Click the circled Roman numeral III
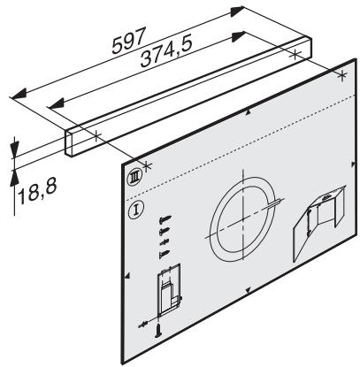(135, 174)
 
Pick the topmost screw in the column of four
(164, 219)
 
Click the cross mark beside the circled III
(148, 165)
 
